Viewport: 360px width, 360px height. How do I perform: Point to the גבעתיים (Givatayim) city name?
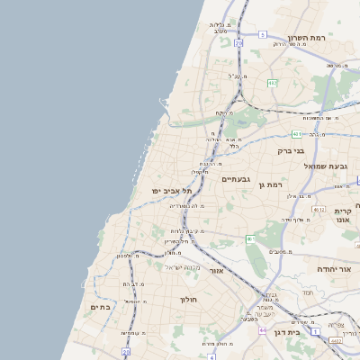241,179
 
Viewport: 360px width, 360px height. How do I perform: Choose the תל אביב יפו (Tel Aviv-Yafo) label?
173,191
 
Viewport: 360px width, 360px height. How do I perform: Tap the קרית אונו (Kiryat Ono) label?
342,215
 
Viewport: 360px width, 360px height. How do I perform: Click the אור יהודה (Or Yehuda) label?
337,268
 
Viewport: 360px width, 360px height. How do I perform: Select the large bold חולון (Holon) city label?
188,299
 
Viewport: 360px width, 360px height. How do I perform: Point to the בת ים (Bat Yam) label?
101,307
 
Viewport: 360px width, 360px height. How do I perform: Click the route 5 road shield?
262,34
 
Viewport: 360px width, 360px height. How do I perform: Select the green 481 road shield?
296,133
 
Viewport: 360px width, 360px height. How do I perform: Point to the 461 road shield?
251,238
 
